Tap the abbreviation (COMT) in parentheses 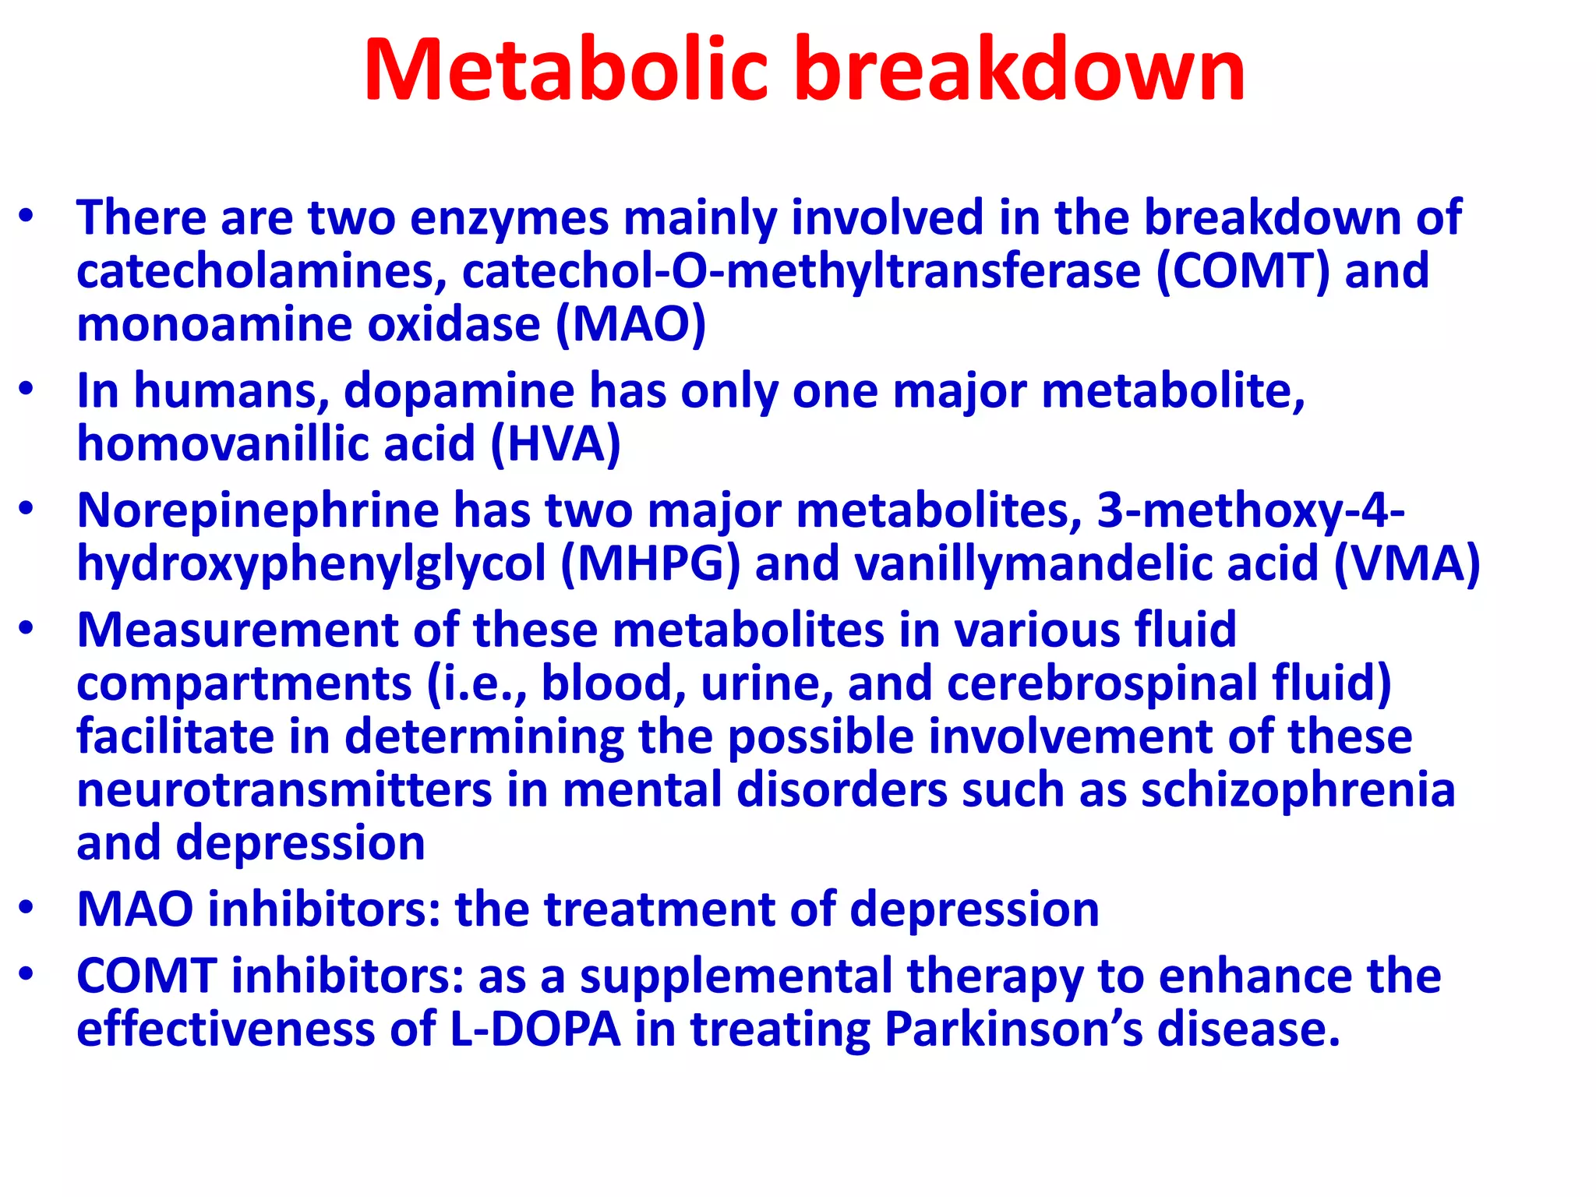tap(1244, 271)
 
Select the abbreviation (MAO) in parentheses tap(630, 324)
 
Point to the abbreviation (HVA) tap(556, 444)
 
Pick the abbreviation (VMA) tap(1407, 563)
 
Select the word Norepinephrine tap(258, 511)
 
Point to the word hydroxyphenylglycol tap(311, 565)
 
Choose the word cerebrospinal tap(1102, 683)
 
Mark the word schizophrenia tap(1298, 790)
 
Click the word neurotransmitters tap(284, 790)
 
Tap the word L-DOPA tap(535, 1029)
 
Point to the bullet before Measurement tap(27, 628)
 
